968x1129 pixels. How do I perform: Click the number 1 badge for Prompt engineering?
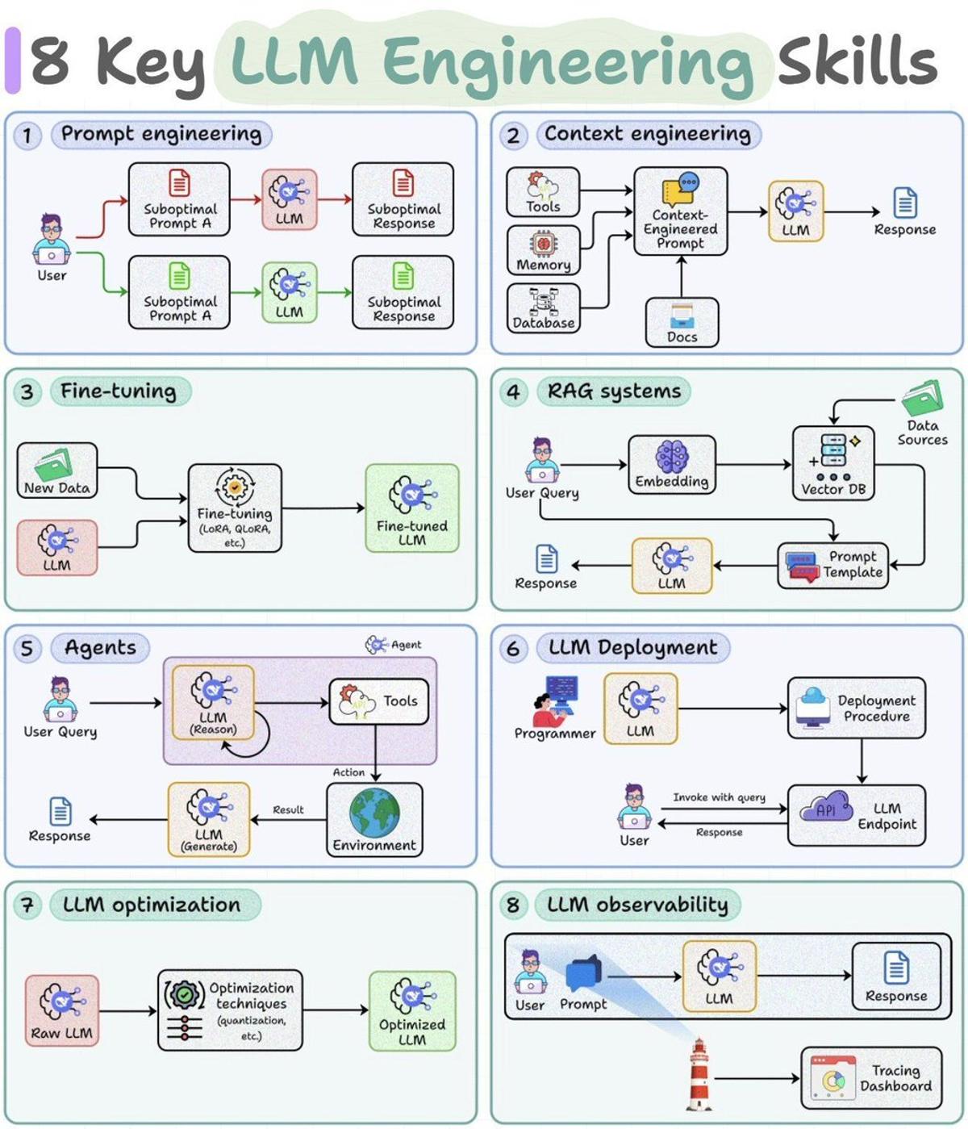27,135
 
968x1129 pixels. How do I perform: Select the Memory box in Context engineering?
543,250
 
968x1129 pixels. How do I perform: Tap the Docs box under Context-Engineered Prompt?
682,322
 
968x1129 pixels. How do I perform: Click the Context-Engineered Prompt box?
680,211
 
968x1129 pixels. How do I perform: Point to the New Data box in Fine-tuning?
56,470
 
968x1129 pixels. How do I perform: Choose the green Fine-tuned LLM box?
411,508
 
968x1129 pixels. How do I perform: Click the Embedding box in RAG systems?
671,464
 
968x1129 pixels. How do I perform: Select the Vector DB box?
833,463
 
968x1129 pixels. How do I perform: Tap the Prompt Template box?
832,565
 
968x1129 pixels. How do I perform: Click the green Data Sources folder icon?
922,399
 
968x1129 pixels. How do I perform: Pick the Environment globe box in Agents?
374,819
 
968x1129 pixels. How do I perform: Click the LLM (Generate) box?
209,819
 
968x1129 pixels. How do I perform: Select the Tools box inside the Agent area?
378,701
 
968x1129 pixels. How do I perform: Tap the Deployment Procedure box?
856,708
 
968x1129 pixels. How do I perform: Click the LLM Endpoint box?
856,815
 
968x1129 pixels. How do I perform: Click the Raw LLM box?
62,1010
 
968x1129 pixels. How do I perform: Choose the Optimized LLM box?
412,1010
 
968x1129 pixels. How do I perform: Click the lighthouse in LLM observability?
699,1074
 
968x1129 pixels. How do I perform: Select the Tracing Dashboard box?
871,1078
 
